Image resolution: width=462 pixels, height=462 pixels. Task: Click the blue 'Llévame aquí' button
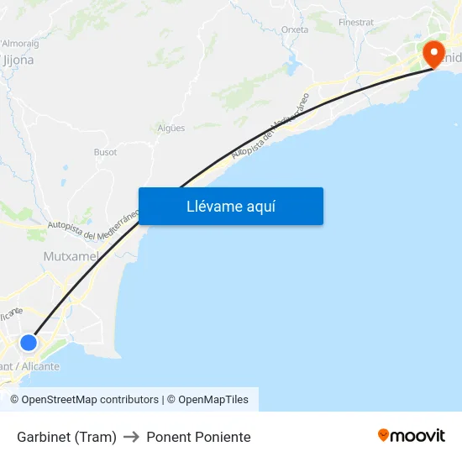(231, 206)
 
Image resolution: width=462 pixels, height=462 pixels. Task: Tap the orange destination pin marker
(434, 54)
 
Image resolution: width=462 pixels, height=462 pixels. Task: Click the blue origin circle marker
(29, 343)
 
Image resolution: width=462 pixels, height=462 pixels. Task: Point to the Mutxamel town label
(71, 255)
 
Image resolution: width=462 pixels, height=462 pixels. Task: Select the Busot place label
(105, 152)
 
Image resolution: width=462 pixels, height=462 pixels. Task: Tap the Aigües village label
(171, 129)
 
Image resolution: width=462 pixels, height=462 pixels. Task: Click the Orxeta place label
(295, 29)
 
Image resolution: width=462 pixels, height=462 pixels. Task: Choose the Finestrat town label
(355, 22)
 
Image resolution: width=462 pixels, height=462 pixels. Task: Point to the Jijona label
(18, 60)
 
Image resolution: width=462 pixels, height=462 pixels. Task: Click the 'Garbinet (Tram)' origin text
(66, 437)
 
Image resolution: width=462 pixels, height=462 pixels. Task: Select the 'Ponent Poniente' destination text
(198, 437)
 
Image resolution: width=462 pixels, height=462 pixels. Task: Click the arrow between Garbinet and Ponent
(131, 437)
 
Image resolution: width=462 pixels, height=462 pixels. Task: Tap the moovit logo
(412, 435)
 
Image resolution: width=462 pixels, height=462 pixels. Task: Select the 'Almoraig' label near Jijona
(21, 42)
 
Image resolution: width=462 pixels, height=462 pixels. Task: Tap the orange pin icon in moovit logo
(384, 435)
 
